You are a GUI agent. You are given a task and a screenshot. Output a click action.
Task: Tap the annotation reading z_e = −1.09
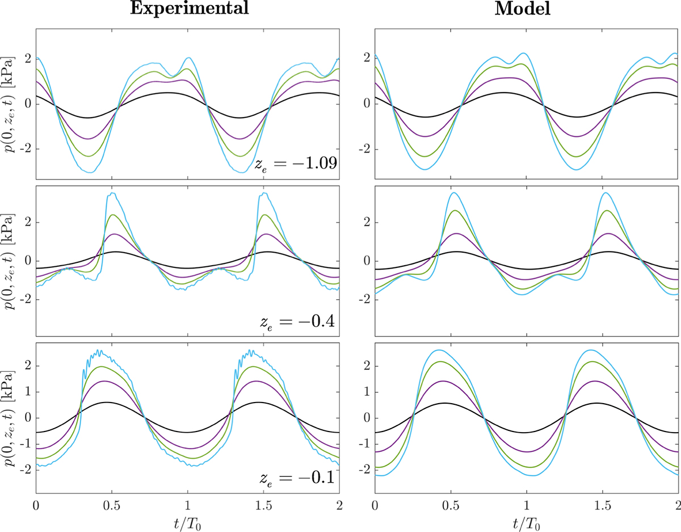click(297, 164)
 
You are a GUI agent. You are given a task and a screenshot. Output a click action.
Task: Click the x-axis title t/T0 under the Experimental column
click(188, 521)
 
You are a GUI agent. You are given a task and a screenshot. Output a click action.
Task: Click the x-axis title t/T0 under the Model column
click(526, 521)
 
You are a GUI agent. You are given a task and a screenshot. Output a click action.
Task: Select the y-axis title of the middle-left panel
click(10, 261)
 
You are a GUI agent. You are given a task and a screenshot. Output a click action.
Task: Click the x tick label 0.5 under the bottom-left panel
click(112, 504)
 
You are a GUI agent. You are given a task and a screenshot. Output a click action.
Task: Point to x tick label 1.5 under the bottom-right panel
click(603, 504)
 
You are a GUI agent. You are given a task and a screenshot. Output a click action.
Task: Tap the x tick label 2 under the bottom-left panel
click(339, 504)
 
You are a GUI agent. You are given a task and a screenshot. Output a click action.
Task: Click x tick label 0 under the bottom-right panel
click(375, 504)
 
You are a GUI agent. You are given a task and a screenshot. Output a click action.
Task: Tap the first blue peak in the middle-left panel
click(113, 194)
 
